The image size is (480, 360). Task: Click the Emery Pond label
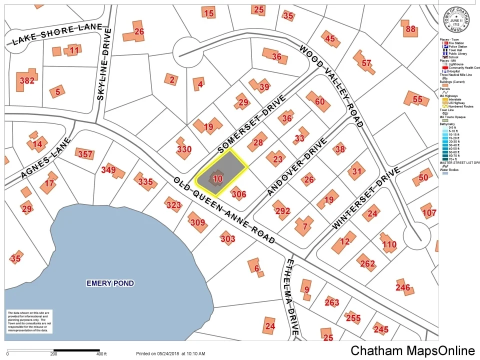[x=110, y=283]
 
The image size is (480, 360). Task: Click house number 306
[x=238, y=194]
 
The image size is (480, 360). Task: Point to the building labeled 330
[x=183, y=148]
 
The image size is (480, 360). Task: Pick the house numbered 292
[x=282, y=211]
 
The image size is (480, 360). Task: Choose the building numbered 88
[x=410, y=29]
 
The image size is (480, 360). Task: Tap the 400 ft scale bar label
[x=101, y=354]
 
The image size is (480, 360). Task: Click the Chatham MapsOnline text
[x=412, y=350]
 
